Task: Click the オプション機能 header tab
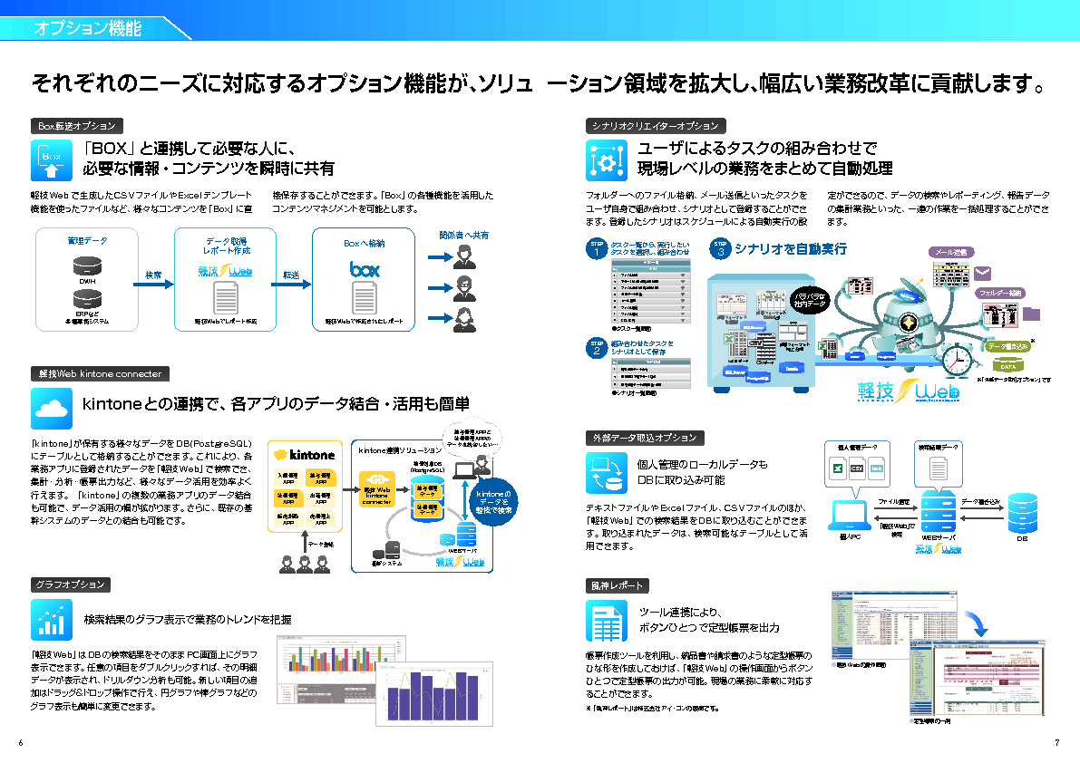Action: (x=88, y=28)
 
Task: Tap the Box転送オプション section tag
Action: (x=77, y=126)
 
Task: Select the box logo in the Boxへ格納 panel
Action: (x=365, y=270)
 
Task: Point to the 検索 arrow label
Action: (x=153, y=275)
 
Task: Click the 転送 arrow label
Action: (x=290, y=275)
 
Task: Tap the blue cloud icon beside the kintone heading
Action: (x=52, y=409)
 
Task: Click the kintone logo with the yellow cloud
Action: (x=305, y=454)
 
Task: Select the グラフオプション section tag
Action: (x=71, y=584)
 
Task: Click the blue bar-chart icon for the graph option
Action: (x=52, y=620)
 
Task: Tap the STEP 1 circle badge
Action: (x=597, y=250)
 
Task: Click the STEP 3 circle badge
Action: (x=721, y=249)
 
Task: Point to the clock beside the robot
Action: (x=957, y=359)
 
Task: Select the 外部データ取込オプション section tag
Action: (x=645, y=438)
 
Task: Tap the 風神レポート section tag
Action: (x=617, y=584)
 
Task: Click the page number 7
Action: (x=1057, y=743)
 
